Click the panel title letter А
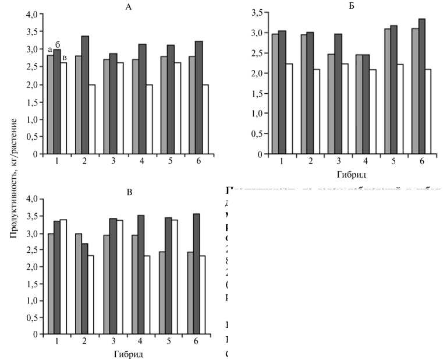coord(128,6)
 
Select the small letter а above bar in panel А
coord(50,50)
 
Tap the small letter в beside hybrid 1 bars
coord(65,57)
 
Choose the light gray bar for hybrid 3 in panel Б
coord(331,104)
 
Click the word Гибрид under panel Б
coord(351,174)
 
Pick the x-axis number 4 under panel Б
coord(366,161)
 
